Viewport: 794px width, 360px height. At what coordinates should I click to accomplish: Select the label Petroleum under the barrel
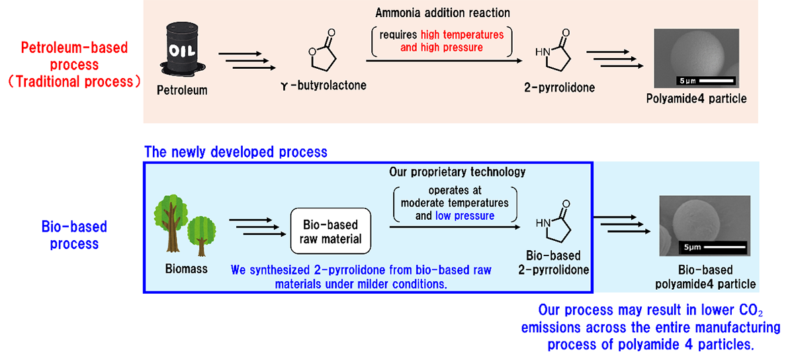point(182,90)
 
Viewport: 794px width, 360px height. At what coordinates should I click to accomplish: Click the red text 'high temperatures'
point(462,35)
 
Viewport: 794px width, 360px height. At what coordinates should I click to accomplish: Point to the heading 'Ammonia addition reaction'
point(443,13)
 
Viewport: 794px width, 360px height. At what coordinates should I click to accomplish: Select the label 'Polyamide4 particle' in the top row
point(696,99)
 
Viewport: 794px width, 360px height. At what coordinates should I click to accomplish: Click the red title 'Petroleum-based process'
point(74,57)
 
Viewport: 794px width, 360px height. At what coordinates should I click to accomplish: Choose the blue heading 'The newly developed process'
point(236,152)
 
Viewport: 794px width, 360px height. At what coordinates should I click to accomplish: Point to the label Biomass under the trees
point(186,269)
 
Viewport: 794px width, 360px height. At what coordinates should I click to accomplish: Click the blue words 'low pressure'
point(464,216)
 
